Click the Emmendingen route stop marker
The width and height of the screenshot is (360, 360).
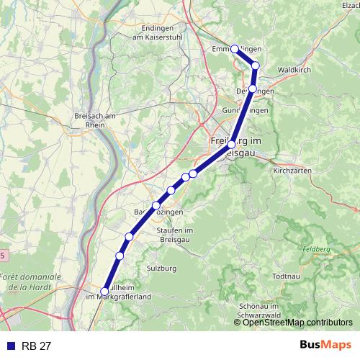tap(234, 48)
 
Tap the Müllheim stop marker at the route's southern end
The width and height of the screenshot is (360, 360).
tap(105, 292)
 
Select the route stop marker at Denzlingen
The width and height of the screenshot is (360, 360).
tap(252, 89)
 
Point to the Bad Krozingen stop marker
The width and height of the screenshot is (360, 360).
tap(156, 206)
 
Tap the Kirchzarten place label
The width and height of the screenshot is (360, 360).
tap(292, 171)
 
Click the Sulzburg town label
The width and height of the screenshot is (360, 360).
tap(161, 268)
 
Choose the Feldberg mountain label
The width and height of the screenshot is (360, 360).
tap(316, 248)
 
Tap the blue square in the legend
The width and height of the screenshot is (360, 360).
tap(9, 346)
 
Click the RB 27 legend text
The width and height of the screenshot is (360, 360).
tap(37, 346)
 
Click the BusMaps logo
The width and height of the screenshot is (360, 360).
tap(325, 345)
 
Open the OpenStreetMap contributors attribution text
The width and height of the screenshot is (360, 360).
tap(300, 323)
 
